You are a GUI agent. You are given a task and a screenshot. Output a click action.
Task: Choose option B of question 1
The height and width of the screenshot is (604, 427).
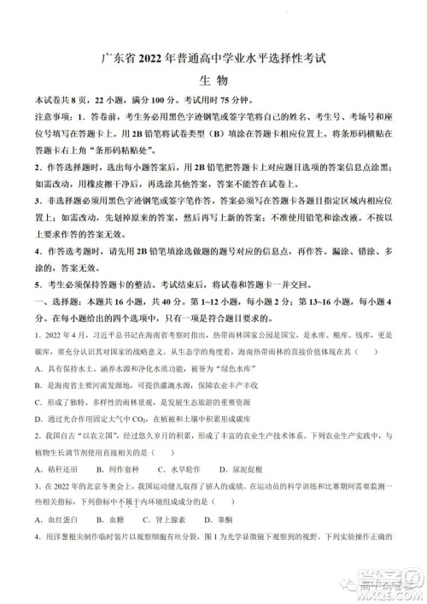point(145,384)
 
